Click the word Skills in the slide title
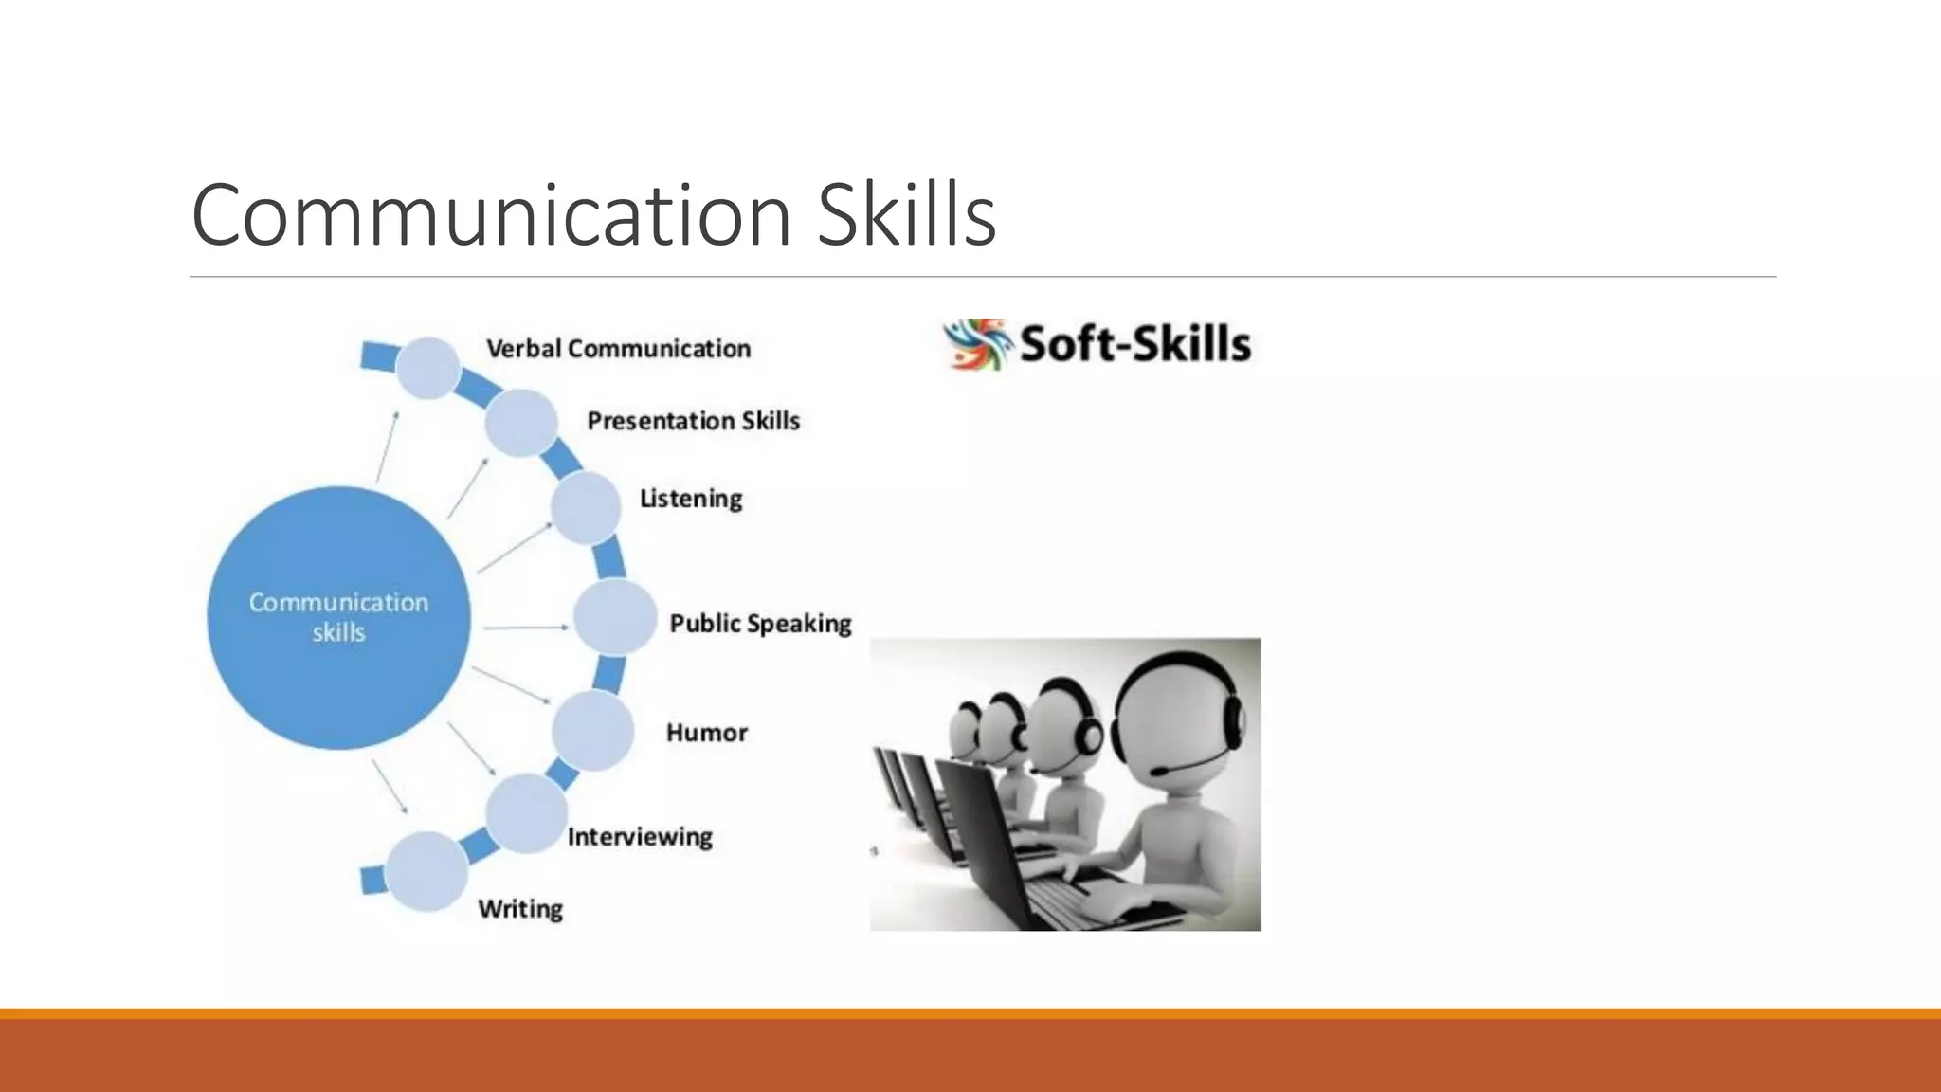pos(906,215)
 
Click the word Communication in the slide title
pos(491,215)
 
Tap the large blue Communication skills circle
pos(338,617)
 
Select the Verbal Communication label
pos(618,349)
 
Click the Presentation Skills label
pos(693,421)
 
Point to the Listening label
pos(691,499)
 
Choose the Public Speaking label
pos(760,624)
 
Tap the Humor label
pos(707,733)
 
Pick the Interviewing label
pos(640,837)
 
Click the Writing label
pos(520,909)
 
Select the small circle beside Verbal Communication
pos(428,368)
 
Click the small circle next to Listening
pos(586,507)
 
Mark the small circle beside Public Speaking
pos(615,618)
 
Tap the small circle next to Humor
pos(593,730)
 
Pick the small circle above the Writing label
pos(426,871)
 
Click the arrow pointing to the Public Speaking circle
pos(526,628)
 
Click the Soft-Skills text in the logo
pos(1134,344)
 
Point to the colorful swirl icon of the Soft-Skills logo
pos(974,344)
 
